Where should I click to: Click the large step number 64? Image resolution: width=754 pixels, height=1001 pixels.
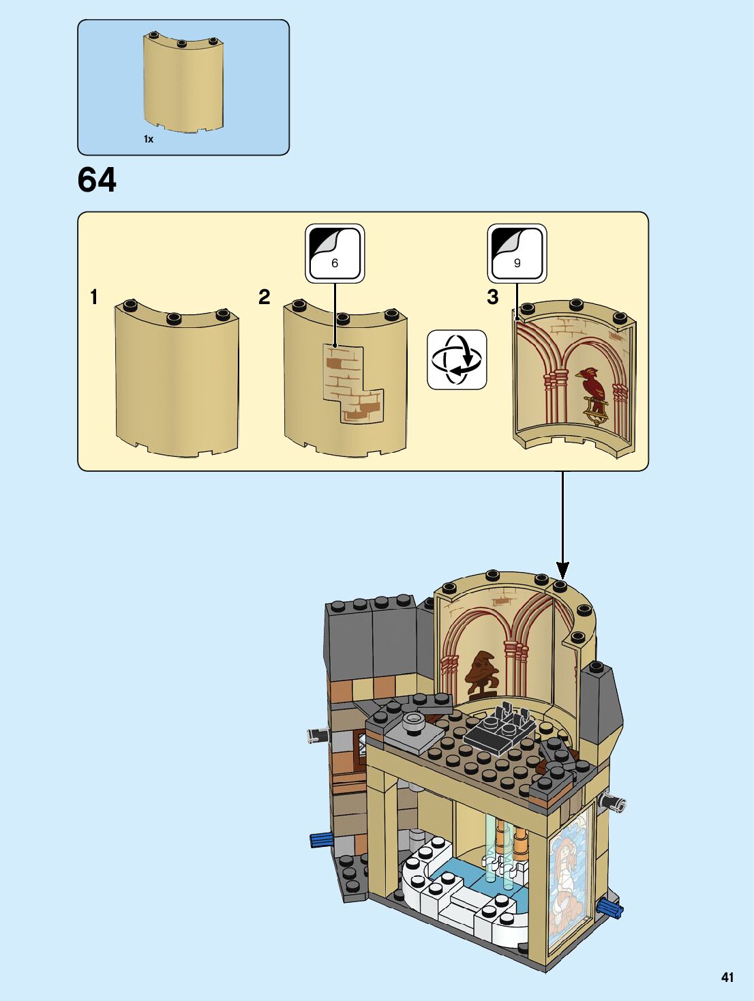97,180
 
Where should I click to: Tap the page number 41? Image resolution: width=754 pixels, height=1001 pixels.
727,977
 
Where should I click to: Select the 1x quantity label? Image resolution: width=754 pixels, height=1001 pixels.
149,139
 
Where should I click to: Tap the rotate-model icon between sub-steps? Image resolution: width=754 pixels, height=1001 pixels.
457,359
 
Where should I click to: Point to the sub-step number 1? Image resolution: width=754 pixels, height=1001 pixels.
94,297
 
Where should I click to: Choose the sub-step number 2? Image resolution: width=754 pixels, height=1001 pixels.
265,297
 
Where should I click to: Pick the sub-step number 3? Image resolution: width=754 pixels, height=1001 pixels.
493,297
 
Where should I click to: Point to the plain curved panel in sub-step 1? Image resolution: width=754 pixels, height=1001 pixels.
177,378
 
